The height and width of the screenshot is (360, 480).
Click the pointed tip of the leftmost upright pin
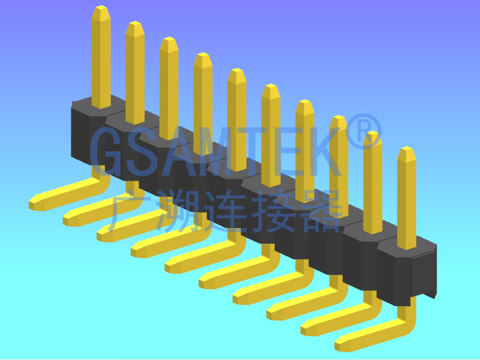tap(101, 7)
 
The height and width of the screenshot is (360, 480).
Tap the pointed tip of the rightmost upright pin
tap(406, 148)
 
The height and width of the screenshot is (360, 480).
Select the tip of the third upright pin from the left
tap(169, 38)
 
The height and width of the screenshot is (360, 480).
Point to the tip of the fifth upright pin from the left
tap(237, 70)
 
